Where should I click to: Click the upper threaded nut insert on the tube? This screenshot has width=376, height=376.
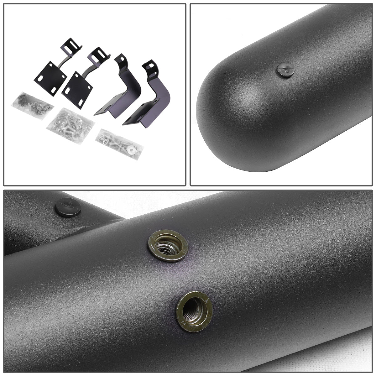pos(168,245)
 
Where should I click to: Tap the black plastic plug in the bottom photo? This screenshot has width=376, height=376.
pos(68,206)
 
